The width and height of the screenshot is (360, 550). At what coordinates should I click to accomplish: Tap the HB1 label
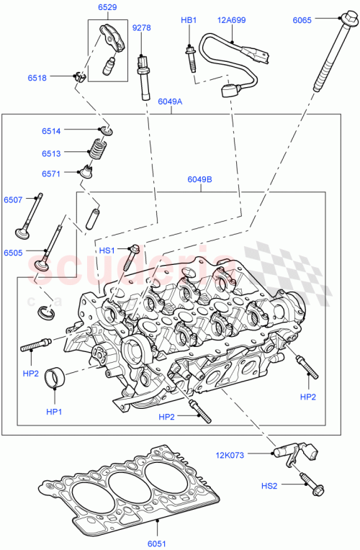point(188,21)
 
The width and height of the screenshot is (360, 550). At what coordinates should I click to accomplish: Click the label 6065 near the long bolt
point(302,21)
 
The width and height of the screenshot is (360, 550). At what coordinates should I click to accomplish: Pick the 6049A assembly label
point(170,102)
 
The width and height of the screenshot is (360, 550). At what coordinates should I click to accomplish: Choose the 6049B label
point(199,180)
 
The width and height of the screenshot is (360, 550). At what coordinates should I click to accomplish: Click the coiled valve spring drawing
point(96,150)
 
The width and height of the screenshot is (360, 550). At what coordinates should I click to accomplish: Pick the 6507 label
point(13,199)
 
